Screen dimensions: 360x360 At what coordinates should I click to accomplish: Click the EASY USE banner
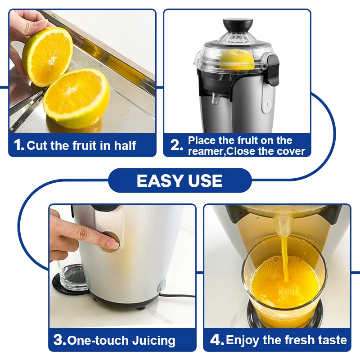click(x=180, y=181)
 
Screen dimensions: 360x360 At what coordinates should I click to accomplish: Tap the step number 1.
click(x=19, y=145)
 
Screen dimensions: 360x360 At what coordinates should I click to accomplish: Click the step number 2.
click(x=176, y=145)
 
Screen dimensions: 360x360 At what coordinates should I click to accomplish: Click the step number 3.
click(x=60, y=340)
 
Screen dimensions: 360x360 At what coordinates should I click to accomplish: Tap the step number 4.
click(x=217, y=340)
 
